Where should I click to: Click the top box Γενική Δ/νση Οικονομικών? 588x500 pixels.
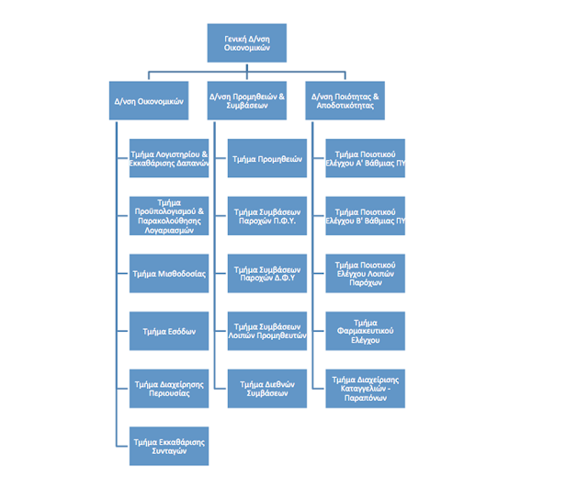click(246, 42)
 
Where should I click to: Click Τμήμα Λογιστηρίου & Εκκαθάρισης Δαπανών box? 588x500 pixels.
click(169, 158)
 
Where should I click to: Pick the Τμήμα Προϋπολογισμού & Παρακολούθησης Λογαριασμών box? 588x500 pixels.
click(169, 215)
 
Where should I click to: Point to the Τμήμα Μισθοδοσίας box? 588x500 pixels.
click(169, 273)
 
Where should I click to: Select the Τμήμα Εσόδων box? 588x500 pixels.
click(169, 331)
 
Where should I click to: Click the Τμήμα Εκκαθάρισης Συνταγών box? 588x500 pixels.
click(169, 447)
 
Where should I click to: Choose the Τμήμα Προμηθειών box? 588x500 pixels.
click(267, 158)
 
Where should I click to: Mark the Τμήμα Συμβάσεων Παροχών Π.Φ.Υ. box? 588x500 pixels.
click(267, 215)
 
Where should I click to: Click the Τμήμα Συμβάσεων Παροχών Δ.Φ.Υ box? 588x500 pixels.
click(267, 273)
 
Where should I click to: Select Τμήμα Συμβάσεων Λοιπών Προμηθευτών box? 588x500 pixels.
click(267, 331)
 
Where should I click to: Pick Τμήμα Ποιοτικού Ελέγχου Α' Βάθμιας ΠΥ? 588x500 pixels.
click(366, 158)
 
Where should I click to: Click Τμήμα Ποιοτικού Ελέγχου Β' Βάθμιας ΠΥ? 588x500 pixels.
click(366, 215)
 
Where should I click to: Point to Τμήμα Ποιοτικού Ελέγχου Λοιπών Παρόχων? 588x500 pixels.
click(366, 273)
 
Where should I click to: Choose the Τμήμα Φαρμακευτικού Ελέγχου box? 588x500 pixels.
click(366, 331)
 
